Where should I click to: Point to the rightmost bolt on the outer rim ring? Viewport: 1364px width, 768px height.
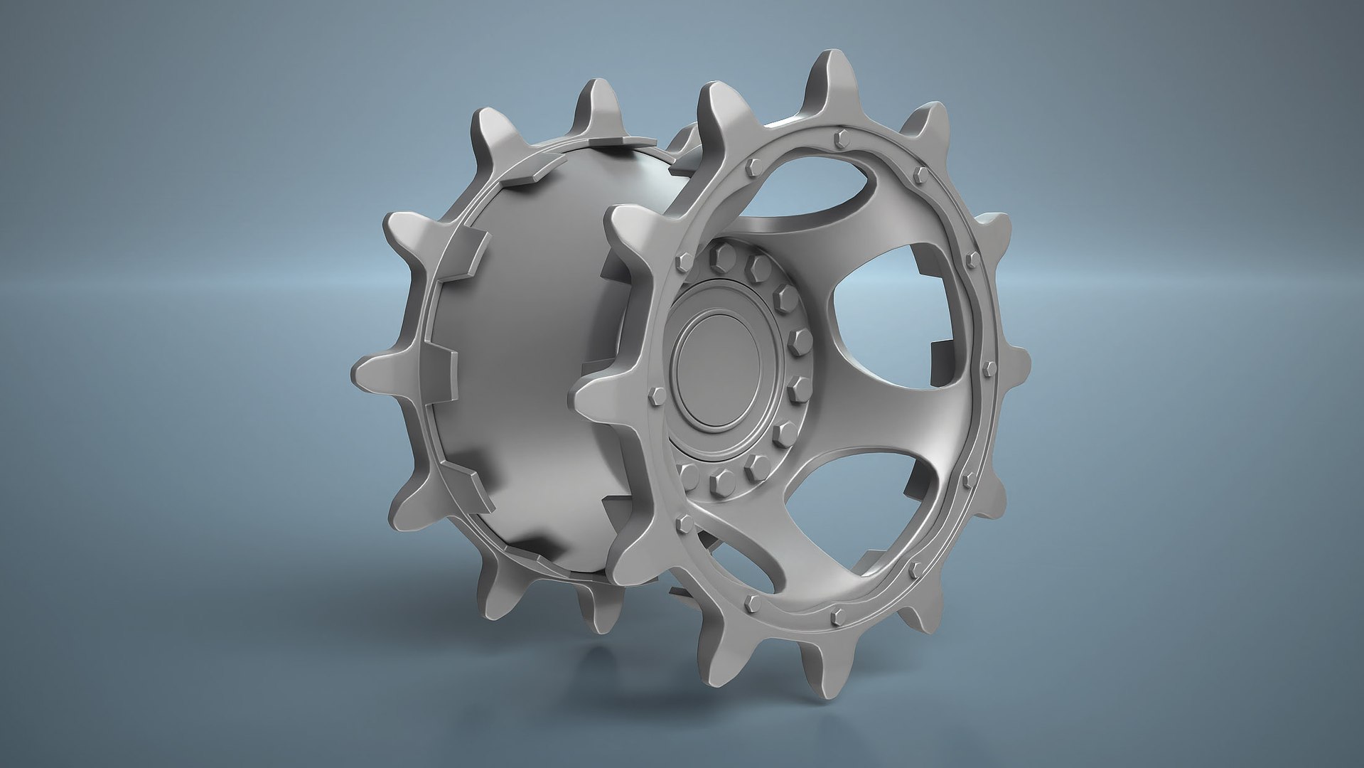989,367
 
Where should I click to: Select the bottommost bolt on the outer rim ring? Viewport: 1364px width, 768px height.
836,614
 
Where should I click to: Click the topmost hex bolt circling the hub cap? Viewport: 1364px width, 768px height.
724,252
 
